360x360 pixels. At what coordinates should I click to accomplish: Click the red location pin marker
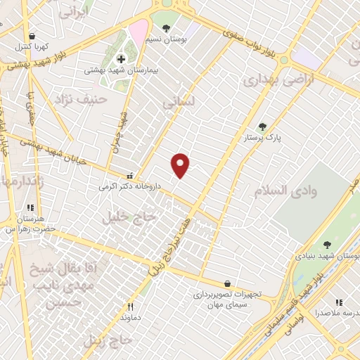coord(181,165)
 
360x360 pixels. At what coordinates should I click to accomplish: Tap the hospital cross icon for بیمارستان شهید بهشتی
coord(121,59)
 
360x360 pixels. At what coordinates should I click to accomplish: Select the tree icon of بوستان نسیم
coord(165,28)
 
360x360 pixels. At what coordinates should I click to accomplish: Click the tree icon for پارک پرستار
coord(262,127)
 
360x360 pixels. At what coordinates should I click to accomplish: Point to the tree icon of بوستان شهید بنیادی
coord(327,245)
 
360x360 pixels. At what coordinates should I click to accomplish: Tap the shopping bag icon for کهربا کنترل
coord(31,35)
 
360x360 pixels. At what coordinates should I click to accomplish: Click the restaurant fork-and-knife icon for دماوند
coord(130,307)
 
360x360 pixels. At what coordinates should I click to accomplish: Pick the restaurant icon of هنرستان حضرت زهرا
coord(30,208)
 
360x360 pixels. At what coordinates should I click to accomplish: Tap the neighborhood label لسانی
coord(177,103)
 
